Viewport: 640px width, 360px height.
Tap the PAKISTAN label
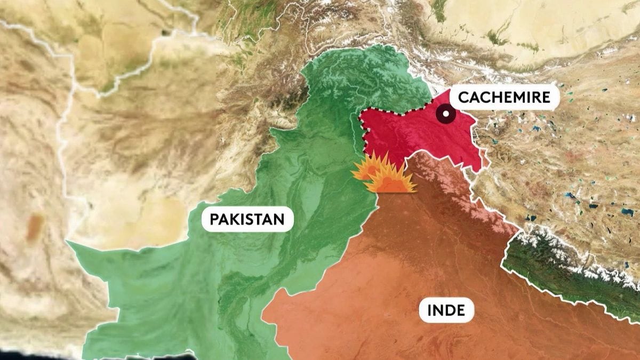(x=247, y=219)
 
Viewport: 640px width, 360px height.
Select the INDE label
(x=446, y=309)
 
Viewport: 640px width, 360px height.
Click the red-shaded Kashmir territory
(x=416, y=133)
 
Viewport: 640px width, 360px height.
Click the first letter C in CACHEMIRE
(x=463, y=98)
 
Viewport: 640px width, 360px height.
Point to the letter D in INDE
(x=450, y=309)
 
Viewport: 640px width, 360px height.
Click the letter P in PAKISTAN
(x=214, y=219)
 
